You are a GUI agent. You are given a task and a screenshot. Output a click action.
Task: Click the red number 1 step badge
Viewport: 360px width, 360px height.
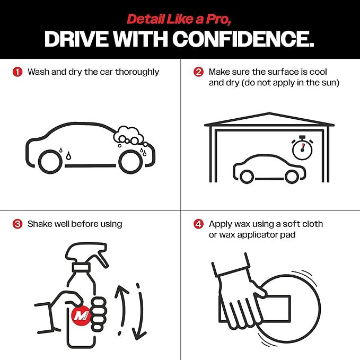[17, 72]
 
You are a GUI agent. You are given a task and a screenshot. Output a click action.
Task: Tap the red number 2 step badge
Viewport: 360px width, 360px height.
[199, 72]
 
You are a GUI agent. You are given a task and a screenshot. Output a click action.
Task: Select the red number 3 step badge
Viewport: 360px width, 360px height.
[17, 224]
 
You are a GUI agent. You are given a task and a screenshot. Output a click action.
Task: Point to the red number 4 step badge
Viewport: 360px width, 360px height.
[199, 224]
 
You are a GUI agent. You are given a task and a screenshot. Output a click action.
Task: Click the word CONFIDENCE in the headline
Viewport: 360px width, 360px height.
[243, 39]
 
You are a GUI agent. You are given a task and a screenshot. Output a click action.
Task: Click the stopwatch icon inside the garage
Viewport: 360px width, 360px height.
[302, 147]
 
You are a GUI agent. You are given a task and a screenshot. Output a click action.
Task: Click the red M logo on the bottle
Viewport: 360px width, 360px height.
[81, 315]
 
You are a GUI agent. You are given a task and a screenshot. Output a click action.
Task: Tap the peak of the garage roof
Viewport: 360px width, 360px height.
[269, 113]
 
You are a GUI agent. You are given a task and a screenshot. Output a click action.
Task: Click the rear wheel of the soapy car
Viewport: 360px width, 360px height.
[50, 162]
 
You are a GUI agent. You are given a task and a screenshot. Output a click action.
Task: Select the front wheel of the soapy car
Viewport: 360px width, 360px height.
[130, 162]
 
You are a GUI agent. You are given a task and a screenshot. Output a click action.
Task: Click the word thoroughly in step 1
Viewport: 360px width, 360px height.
[137, 72]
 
